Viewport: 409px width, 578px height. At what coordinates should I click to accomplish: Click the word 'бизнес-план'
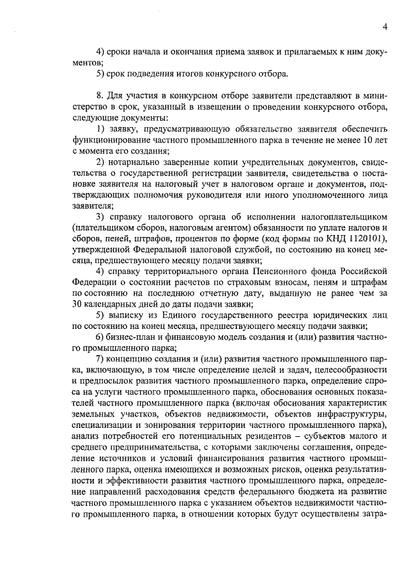click(x=134, y=337)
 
